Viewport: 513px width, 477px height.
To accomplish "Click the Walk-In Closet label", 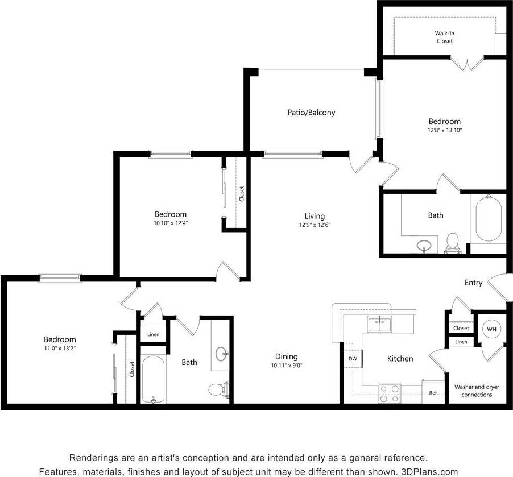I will click(x=445, y=37).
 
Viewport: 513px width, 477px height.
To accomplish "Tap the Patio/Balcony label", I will click(x=311, y=113).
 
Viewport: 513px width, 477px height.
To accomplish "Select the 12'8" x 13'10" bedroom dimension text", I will click(x=444, y=130).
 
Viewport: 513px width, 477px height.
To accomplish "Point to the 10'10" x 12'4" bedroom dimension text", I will click(x=171, y=223).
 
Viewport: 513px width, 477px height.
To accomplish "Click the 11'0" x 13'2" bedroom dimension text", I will click(x=59, y=348).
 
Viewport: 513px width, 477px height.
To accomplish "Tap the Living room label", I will click(x=315, y=216).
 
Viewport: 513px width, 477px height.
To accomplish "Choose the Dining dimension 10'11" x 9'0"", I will click(x=287, y=366).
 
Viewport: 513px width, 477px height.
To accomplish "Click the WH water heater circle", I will click(x=490, y=329).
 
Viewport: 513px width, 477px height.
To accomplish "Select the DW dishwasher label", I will click(x=353, y=359).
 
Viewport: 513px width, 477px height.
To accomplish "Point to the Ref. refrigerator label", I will click(x=433, y=393).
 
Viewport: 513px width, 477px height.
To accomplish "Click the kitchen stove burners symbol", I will click(x=390, y=393).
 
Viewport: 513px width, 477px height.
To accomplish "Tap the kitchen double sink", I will click(x=379, y=325).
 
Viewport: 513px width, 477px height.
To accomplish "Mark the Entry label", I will click(x=473, y=283).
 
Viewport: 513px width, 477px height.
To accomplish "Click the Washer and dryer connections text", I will click(x=477, y=391).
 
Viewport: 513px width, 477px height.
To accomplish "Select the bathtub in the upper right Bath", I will click(x=488, y=219).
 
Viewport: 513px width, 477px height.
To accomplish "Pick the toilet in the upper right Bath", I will click(x=453, y=242).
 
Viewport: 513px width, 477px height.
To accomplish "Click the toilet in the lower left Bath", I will click(x=218, y=389).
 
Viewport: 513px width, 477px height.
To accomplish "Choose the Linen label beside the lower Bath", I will click(x=153, y=335).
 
